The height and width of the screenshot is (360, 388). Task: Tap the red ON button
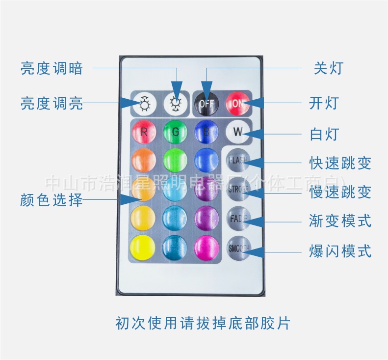click(x=237, y=103)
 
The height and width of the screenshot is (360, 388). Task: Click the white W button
click(x=237, y=132)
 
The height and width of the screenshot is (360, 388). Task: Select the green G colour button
click(x=175, y=132)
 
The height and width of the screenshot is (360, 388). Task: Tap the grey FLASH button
click(x=238, y=160)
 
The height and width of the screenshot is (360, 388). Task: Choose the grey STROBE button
click(x=238, y=189)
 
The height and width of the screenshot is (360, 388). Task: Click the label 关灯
click(x=329, y=68)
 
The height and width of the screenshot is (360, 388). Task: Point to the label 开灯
click(x=324, y=103)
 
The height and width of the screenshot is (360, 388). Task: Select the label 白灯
click(x=324, y=133)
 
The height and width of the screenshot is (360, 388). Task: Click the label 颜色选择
click(x=52, y=200)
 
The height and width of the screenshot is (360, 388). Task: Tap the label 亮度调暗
click(x=52, y=68)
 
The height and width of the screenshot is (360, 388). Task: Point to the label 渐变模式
click(x=340, y=221)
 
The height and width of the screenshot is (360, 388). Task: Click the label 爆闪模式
click(x=340, y=251)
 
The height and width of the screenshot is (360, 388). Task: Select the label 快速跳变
click(x=340, y=163)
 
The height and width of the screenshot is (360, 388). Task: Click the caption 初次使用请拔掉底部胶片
click(x=203, y=323)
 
